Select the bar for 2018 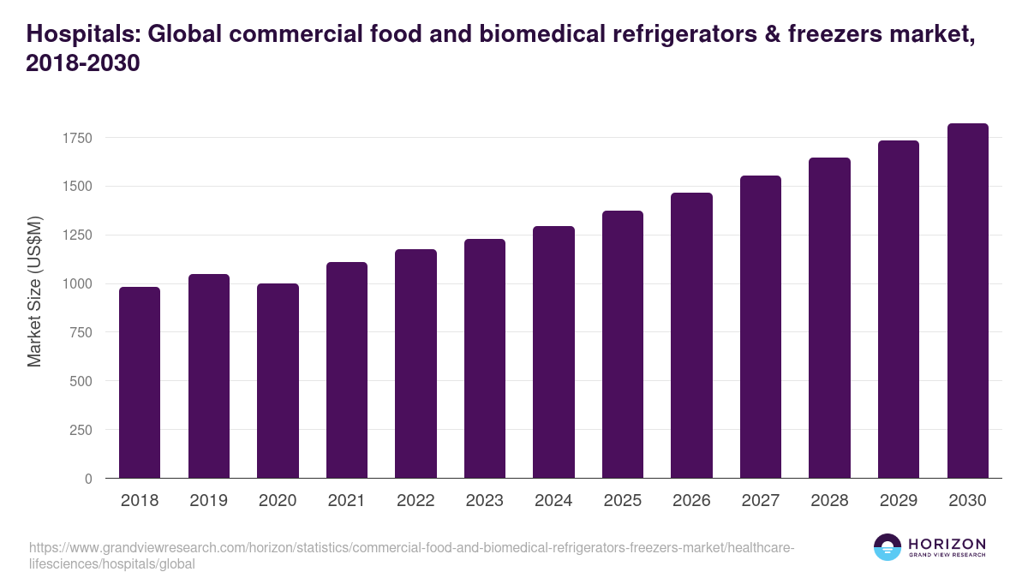pos(140,383)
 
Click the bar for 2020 pos(278,381)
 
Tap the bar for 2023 pos(485,359)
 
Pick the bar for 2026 pos(691,336)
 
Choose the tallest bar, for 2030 pos(968,301)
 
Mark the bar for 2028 pos(830,319)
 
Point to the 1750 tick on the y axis pos(76,138)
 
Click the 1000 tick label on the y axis pos(76,284)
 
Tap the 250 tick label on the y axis pos(81,430)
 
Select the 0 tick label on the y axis pos(88,479)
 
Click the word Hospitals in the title pos(81,35)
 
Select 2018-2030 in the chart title pos(83,64)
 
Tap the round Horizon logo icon pos(888,547)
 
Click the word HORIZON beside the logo pos(947,543)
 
